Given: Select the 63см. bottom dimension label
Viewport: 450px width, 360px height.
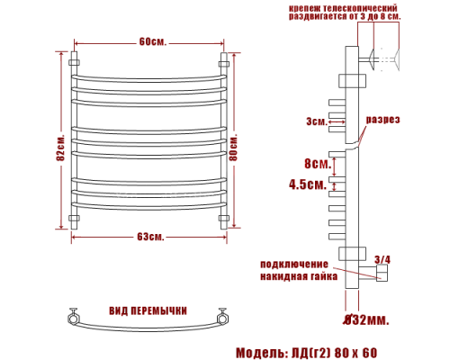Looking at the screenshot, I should point(151,237).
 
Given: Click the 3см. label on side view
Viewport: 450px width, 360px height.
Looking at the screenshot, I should point(316,121).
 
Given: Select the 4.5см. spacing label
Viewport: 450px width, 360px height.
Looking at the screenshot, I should point(307,184).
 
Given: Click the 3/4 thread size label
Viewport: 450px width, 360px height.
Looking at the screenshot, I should point(382,260).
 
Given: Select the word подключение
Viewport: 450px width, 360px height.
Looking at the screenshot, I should point(292,264).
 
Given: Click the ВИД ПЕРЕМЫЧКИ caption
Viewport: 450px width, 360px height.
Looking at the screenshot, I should point(148,310).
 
